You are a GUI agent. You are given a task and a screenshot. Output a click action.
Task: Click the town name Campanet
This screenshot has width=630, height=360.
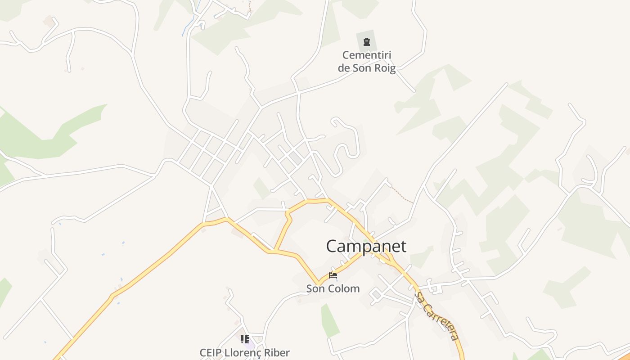pyautogui.click(x=366, y=246)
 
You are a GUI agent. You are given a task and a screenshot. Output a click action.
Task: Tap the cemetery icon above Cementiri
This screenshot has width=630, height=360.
pyautogui.click(x=367, y=42)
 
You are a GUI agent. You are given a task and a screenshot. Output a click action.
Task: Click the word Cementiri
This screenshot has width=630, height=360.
pyautogui.click(x=367, y=55)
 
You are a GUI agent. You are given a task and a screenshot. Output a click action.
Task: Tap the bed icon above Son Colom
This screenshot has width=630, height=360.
pyautogui.click(x=333, y=275)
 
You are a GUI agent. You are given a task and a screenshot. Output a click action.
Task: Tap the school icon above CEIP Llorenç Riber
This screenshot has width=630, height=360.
pyautogui.click(x=244, y=339)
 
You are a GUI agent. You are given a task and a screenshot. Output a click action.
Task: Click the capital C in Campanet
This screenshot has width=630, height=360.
pyautogui.click(x=332, y=246)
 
